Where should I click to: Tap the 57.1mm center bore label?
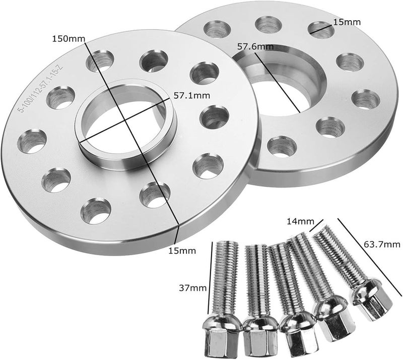pos(192,94)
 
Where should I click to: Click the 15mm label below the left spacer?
pos(182,250)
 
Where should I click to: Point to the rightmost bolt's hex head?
pos(373,305)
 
